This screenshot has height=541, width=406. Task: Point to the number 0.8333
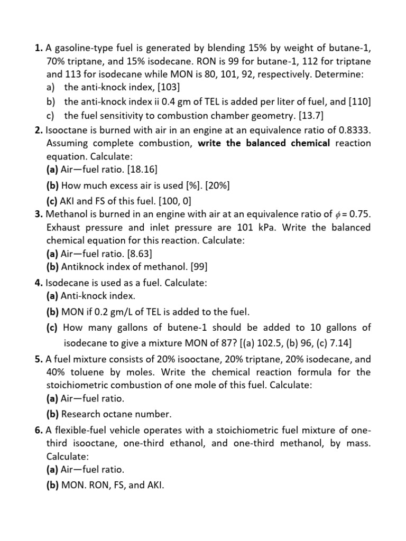(x=352, y=129)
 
